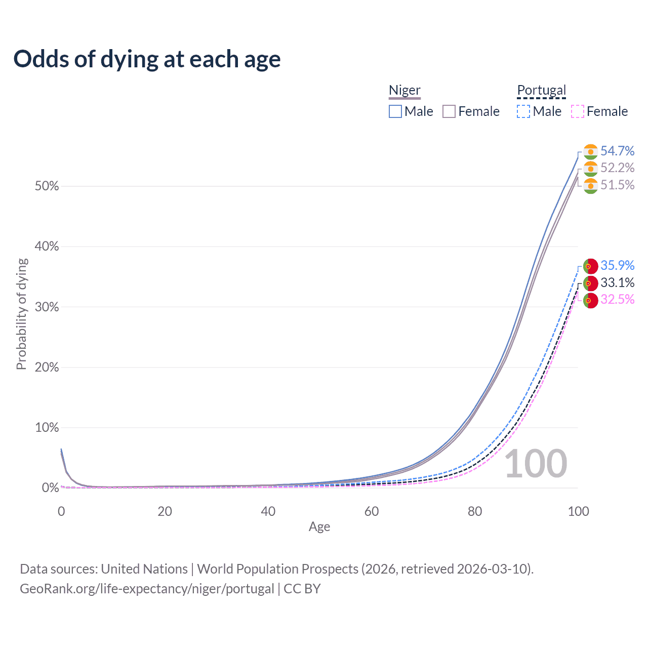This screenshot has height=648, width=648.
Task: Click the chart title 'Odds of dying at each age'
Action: [x=147, y=59]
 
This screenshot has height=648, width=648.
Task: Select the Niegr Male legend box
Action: [x=395, y=111]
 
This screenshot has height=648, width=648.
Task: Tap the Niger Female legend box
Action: [x=449, y=111]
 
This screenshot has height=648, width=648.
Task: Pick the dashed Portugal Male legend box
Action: [x=523, y=111]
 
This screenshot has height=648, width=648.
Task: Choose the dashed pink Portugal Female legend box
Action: [x=578, y=111]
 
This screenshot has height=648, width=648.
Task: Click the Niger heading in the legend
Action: [x=404, y=90]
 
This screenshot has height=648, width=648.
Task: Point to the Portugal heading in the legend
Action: [x=541, y=90]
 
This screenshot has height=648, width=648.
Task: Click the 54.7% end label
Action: [x=617, y=151]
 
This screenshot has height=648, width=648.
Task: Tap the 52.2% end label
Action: [x=617, y=168]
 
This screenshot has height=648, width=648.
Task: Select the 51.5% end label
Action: [x=617, y=185]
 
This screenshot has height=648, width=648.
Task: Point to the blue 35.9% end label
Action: [x=617, y=265]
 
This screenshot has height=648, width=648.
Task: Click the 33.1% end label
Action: [x=617, y=282]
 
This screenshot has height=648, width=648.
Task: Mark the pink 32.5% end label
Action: [x=617, y=299]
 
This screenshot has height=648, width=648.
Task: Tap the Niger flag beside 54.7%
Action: [x=590, y=151]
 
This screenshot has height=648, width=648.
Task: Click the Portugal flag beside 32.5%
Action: [x=590, y=300]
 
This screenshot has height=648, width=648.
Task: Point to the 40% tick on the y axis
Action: [x=47, y=247]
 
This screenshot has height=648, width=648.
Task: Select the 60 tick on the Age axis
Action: [x=372, y=511]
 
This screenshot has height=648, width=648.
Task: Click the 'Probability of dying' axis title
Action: [x=21, y=314]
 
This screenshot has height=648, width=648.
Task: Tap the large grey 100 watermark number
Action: [x=536, y=463]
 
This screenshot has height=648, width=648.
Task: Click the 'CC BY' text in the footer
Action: [x=302, y=589]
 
